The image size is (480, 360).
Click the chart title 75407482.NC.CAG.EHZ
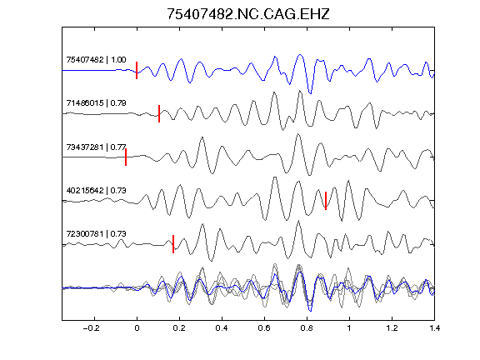coord(248,14)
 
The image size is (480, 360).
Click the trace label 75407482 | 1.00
coord(96,59)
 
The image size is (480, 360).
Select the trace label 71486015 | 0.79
coord(96,102)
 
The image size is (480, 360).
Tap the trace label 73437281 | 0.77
coord(96,147)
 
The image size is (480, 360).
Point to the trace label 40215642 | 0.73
coord(96,190)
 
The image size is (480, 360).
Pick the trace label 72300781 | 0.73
coord(96,234)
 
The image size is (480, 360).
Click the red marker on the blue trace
coord(137,70)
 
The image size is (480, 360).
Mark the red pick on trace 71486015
coord(159,113)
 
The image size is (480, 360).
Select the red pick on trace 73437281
coord(126,157)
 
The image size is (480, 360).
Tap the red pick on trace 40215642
coord(326,201)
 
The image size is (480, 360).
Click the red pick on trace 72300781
coord(173,244)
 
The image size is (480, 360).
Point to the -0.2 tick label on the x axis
coord(92,328)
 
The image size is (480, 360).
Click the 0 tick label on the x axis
coord(137,328)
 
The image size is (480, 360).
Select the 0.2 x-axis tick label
coord(179,328)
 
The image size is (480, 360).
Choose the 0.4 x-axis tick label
coord(222,328)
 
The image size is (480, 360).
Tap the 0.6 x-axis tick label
coord(264,328)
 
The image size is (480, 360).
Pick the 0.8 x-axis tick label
coord(307,328)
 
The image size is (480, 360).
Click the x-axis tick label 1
coord(349,328)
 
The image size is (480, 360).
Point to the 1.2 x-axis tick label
coord(392,328)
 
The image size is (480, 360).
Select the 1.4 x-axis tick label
coord(434,328)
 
